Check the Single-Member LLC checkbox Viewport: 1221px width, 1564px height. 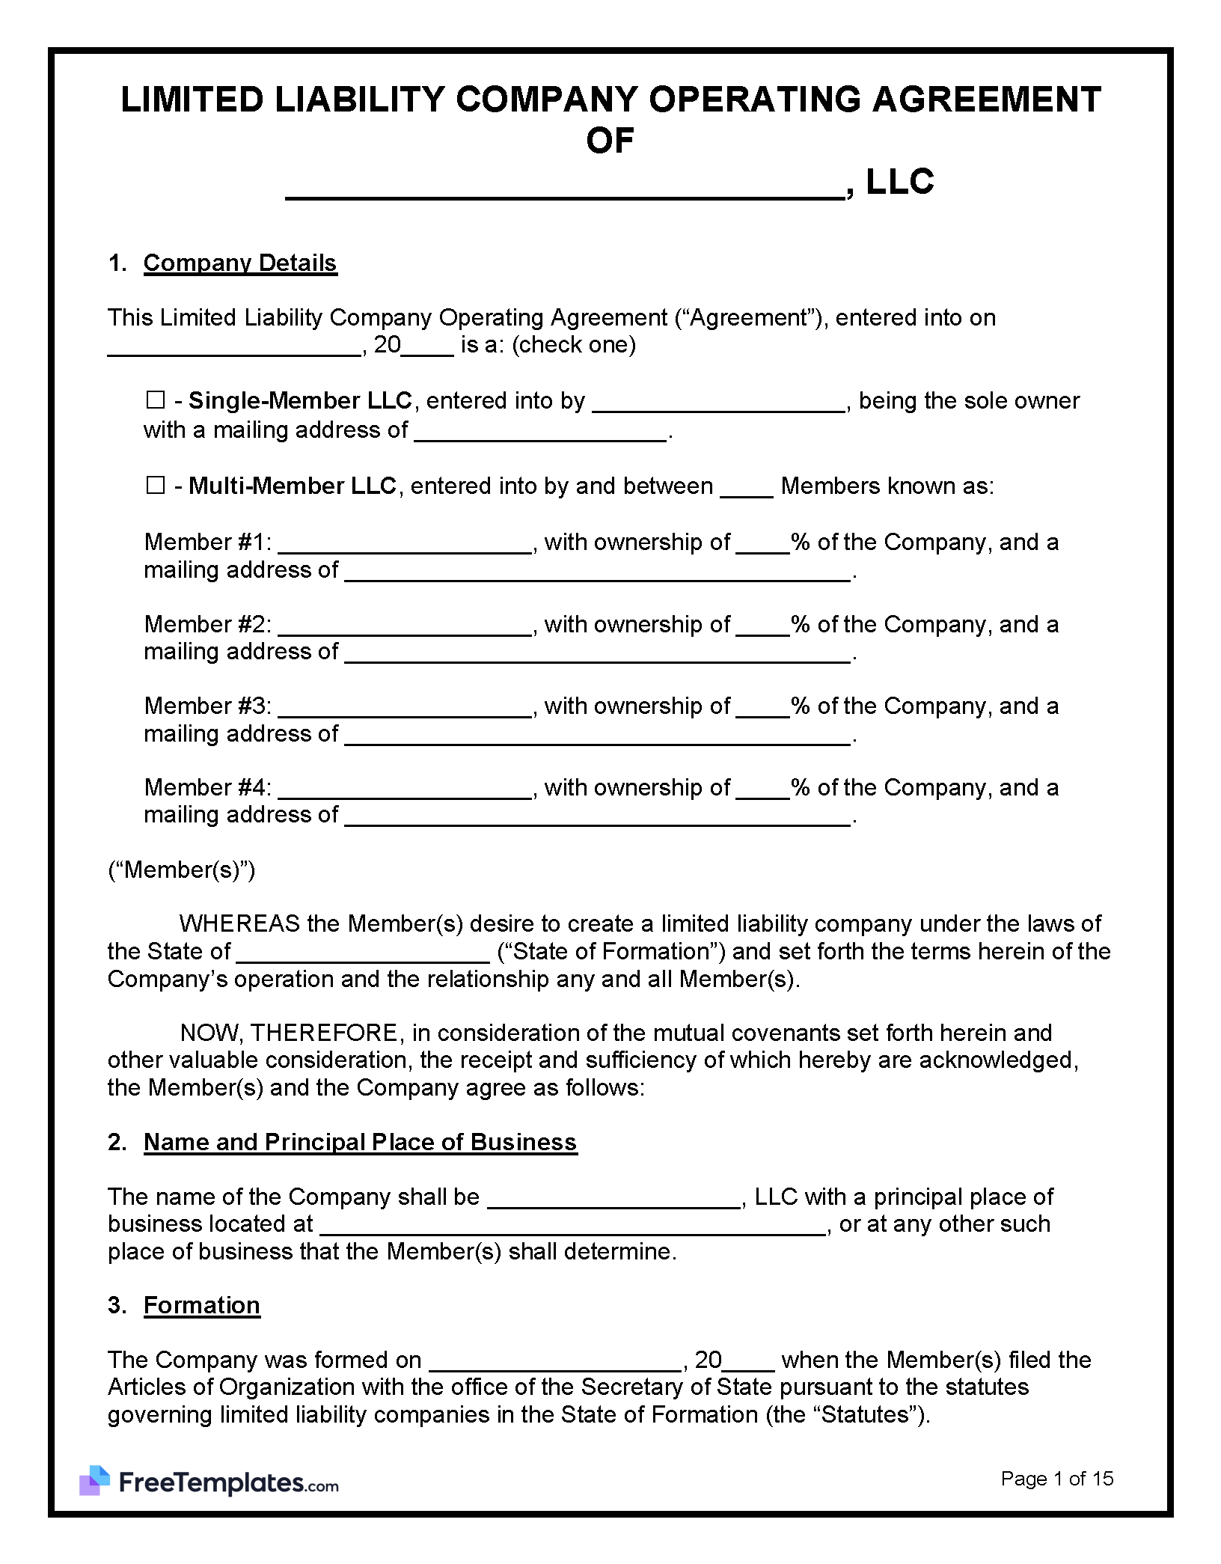[155, 400]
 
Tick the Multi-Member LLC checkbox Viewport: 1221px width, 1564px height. [155, 486]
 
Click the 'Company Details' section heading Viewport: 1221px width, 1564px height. [240, 263]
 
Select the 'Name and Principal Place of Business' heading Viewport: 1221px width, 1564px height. [360, 1142]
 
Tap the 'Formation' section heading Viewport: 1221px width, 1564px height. [202, 1305]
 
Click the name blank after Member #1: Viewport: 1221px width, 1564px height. [404, 545]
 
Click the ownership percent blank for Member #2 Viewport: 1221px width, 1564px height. [762, 627]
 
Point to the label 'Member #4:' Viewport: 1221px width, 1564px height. [207, 787]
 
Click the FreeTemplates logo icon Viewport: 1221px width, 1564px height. [95, 1481]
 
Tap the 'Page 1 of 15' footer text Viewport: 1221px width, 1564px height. [1056, 1478]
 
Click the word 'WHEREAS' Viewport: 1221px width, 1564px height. [239, 923]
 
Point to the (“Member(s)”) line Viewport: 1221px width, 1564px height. [182, 870]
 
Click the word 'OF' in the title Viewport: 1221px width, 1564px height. [610, 141]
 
